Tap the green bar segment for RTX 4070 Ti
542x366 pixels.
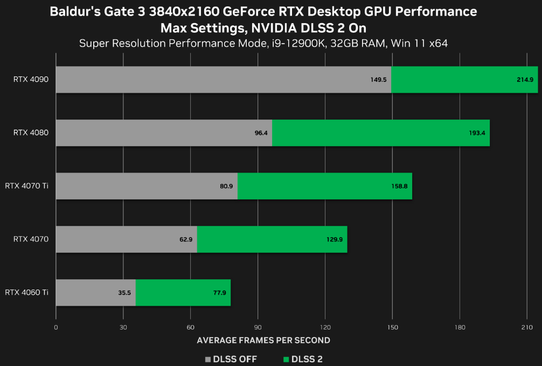pos(325,186)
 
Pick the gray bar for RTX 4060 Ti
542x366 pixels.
pos(95,292)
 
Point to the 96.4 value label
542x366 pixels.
pos(261,133)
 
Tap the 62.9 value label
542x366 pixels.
pos(186,239)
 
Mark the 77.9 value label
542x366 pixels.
pos(219,293)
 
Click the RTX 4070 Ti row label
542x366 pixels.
pos(27,186)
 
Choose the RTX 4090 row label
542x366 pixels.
pos(31,79)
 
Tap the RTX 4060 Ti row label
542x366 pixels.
pos(27,292)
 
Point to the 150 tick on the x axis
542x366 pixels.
pos(392,327)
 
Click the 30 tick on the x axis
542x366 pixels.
pos(123,327)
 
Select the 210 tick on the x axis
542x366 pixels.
pos(526,327)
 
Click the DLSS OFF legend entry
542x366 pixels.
pos(231,359)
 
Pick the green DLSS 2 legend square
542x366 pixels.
pos(286,360)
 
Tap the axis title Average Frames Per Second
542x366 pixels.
pos(263,341)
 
